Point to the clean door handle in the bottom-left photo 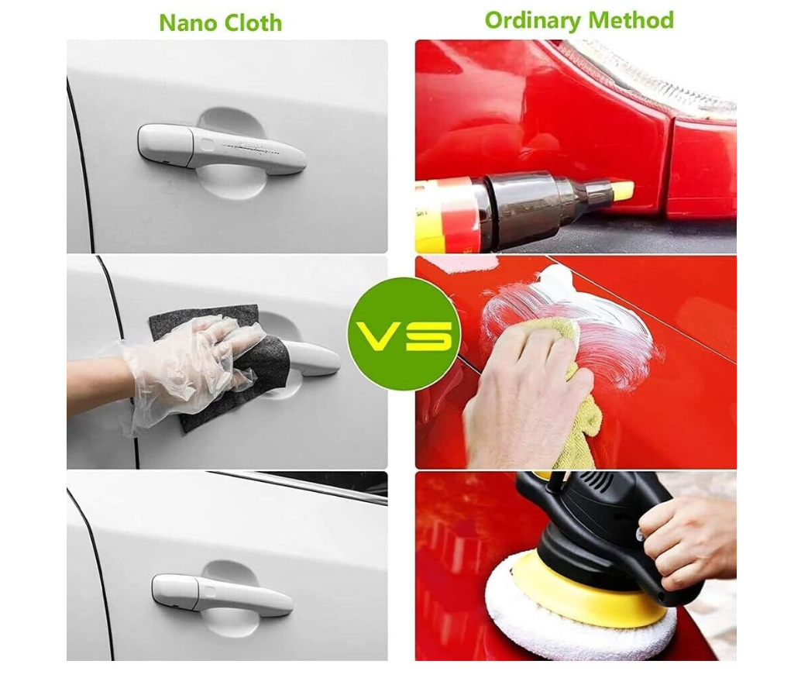pos(222,595)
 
